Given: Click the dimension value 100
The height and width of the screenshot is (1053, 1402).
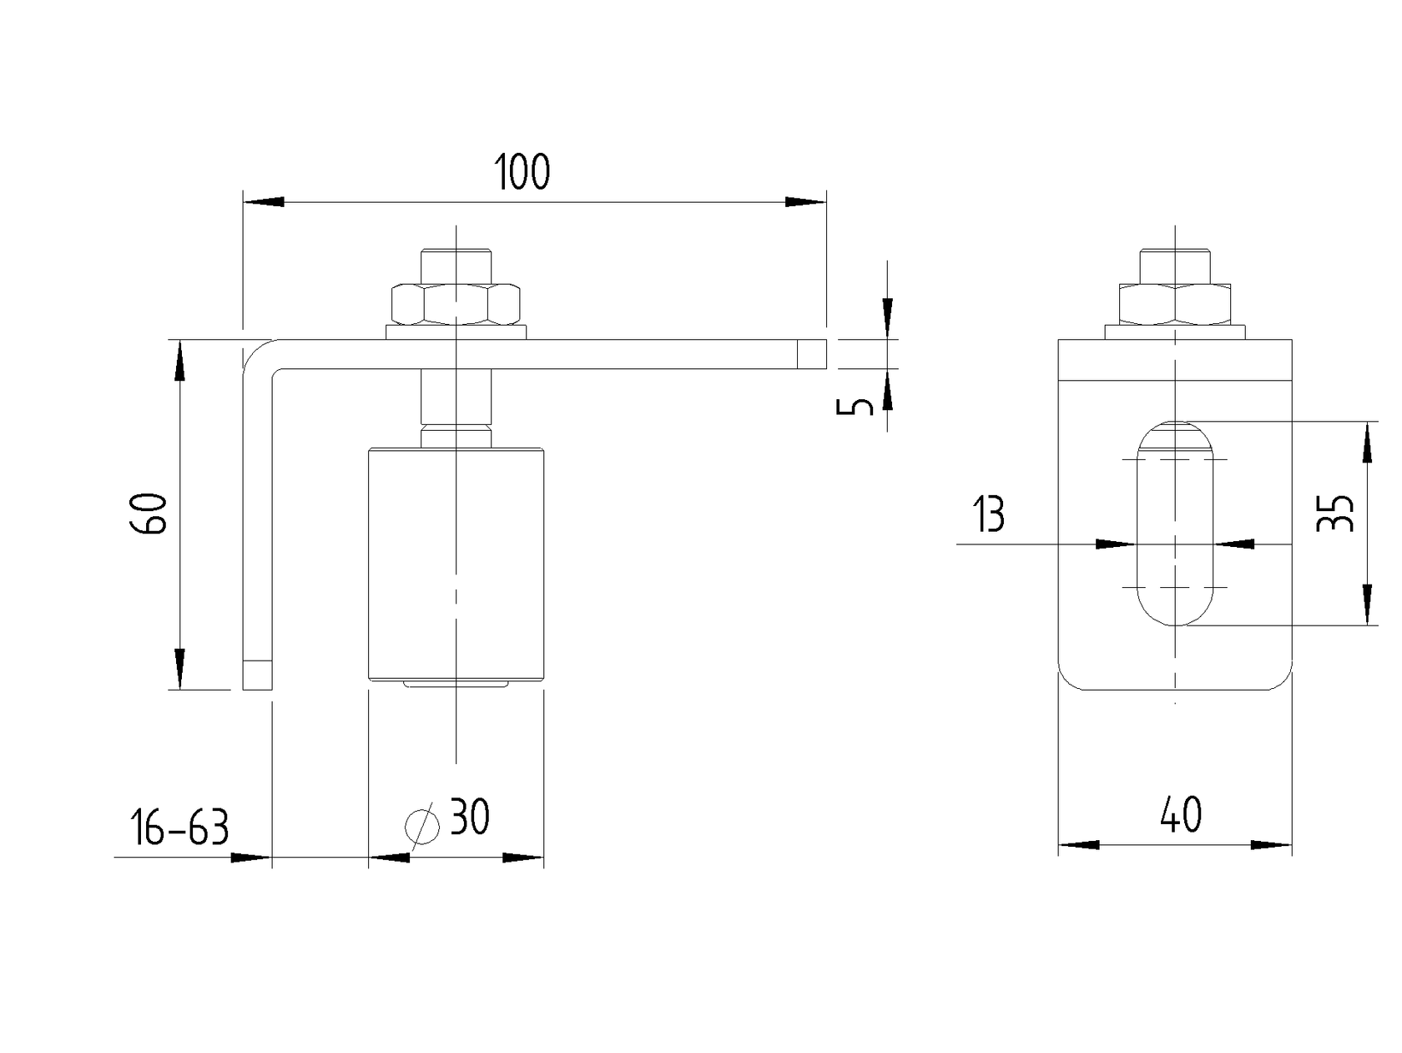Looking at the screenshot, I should [522, 172].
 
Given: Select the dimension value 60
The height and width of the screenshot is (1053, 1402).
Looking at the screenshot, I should [151, 514].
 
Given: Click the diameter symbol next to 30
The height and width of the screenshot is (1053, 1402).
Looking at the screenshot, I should [422, 826].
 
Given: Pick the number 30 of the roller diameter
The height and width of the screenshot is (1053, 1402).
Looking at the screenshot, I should [470, 818].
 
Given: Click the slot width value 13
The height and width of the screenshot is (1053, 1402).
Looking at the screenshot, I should [990, 515].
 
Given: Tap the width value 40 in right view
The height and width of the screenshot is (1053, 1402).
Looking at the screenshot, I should [1181, 815].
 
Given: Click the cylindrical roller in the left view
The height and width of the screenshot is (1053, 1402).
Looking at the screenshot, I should [456, 564].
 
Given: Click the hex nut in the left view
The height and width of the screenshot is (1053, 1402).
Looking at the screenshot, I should [456, 305].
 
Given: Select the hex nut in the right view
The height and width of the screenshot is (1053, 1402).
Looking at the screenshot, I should [1175, 305].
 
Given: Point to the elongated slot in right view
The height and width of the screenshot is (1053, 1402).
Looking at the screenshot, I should [1175, 524].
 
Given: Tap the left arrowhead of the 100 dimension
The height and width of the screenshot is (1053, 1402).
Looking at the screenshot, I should [263, 201].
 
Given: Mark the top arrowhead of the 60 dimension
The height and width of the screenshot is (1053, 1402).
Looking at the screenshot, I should [179, 359].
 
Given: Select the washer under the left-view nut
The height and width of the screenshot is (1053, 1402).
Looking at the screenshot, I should [456, 332].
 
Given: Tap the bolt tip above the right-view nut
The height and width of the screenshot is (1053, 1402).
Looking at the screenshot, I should [1175, 264].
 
